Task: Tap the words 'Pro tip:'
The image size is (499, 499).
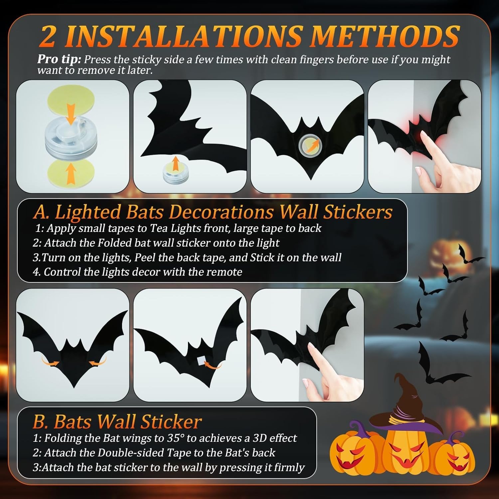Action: coord(59,59)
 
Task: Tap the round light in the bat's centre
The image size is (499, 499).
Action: coord(307,145)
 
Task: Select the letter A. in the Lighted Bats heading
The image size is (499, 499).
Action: coord(41,212)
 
